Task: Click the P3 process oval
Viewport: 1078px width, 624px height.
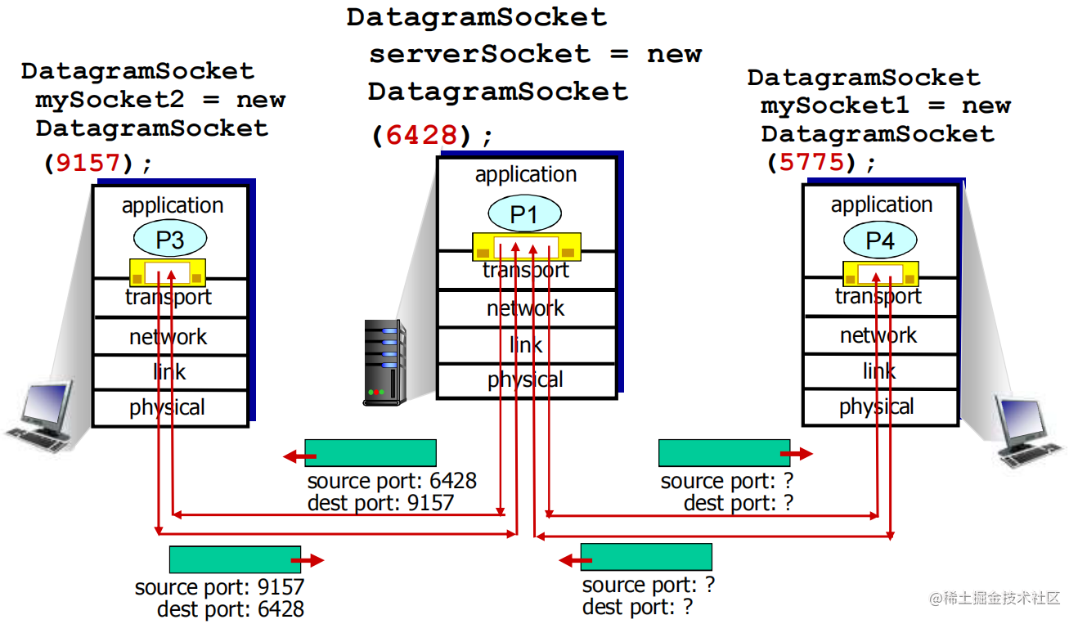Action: pyautogui.click(x=170, y=240)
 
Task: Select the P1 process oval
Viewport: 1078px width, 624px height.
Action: pyautogui.click(x=524, y=214)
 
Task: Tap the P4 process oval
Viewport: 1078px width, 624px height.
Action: pyautogui.click(x=880, y=240)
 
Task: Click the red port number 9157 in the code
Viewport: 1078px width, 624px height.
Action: pyautogui.click(x=88, y=163)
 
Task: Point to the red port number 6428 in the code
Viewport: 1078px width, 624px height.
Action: pyautogui.click(x=421, y=135)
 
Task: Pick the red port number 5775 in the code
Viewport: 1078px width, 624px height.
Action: pyautogui.click(x=811, y=162)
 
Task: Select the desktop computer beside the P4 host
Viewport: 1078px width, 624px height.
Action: pyautogui.click(x=1027, y=430)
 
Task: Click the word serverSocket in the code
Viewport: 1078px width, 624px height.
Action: pyautogui.click(x=479, y=55)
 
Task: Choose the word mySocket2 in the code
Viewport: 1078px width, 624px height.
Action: pyautogui.click(x=109, y=101)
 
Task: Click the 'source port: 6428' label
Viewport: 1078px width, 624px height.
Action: pyautogui.click(x=392, y=481)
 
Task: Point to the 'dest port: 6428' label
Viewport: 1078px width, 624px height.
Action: pyautogui.click(x=231, y=609)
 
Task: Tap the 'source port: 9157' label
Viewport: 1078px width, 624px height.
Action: pyautogui.click(x=219, y=587)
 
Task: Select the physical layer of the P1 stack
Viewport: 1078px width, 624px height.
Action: pyautogui.click(x=526, y=380)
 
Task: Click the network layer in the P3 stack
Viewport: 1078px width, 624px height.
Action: pyautogui.click(x=169, y=337)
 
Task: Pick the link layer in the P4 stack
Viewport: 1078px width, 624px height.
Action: pyautogui.click(x=879, y=371)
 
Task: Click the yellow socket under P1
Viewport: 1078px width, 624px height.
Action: pyautogui.click(x=526, y=246)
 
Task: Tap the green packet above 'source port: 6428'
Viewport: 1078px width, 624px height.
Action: pyautogui.click(x=371, y=453)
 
